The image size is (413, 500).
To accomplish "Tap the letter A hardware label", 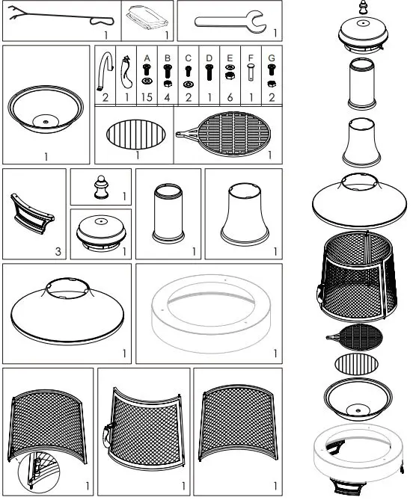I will (x=147, y=56).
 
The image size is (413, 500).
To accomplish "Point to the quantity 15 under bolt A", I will (x=147, y=98).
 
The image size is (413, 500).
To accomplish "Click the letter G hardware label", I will (x=272, y=56).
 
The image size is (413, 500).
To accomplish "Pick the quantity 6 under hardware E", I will (x=230, y=98).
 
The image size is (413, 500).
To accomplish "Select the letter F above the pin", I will (x=251, y=56).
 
